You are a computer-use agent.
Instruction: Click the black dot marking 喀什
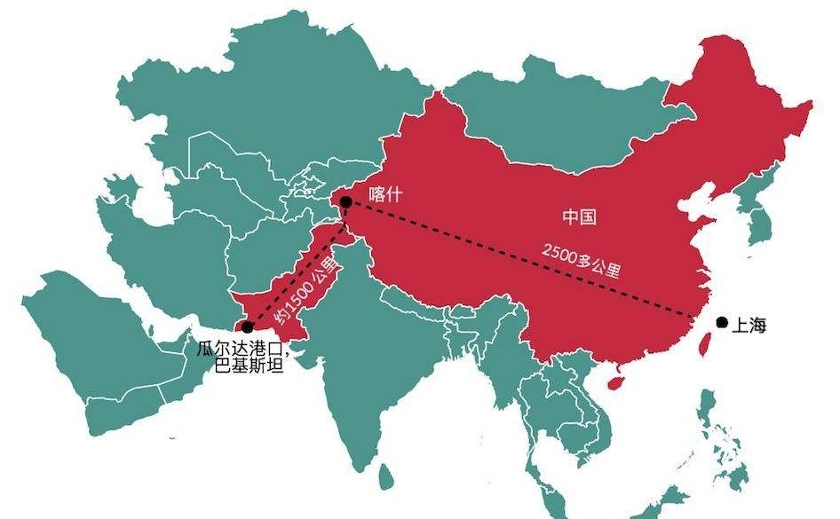point(345,202)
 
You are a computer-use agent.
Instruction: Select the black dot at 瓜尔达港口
point(247,327)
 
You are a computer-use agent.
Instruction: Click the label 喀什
point(385,193)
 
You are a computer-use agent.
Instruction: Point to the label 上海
point(748,326)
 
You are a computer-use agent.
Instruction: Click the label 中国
point(579,216)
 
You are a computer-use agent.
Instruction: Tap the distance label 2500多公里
point(581,259)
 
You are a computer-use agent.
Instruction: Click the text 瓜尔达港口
point(237,348)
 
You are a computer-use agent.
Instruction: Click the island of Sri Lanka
point(384,478)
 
